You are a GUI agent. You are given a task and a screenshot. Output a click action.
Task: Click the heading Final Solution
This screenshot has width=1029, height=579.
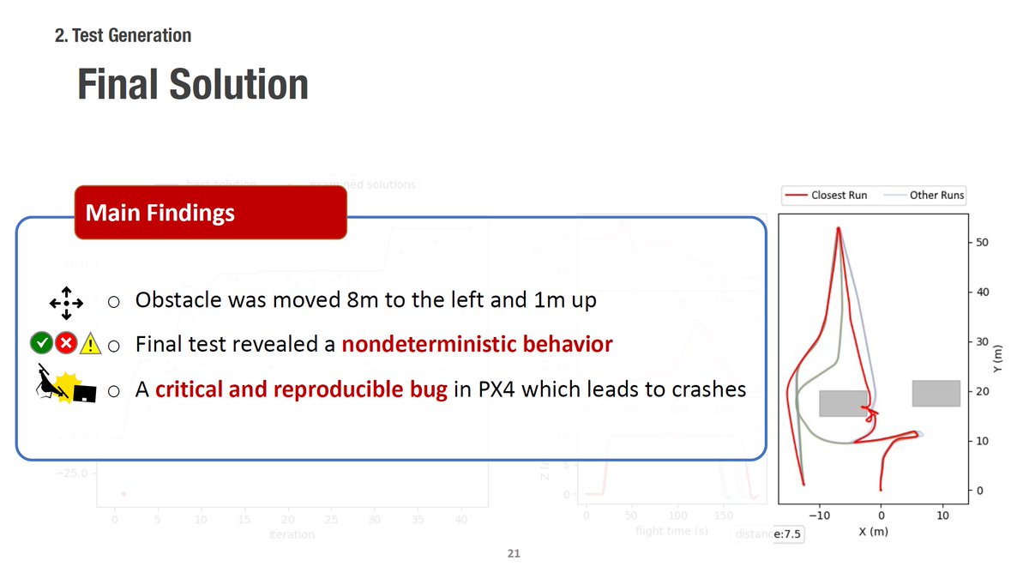coord(192,84)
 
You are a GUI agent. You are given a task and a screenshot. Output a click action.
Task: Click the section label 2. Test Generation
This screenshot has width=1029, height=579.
coord(123,35)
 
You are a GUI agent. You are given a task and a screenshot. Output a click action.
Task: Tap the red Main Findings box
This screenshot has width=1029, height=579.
coord(210,212)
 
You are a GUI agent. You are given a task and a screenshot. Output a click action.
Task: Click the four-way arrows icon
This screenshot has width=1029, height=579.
coord(66,302)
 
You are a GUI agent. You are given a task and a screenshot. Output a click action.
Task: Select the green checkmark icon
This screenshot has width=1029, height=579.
coord(40,345)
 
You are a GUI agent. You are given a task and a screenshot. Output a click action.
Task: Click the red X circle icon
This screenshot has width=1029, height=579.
coord(65,345)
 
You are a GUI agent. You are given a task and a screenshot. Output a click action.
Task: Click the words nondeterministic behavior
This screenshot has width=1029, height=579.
coord(477,345)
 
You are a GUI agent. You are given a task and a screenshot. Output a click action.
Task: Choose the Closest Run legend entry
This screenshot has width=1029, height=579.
coord(828,195)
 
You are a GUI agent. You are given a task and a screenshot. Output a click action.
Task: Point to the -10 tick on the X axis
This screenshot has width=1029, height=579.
coord(819,516)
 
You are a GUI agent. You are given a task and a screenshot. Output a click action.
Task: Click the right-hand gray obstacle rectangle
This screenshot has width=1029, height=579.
coord(936,393)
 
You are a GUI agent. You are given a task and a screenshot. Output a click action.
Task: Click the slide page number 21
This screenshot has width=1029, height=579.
coord(514,554)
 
